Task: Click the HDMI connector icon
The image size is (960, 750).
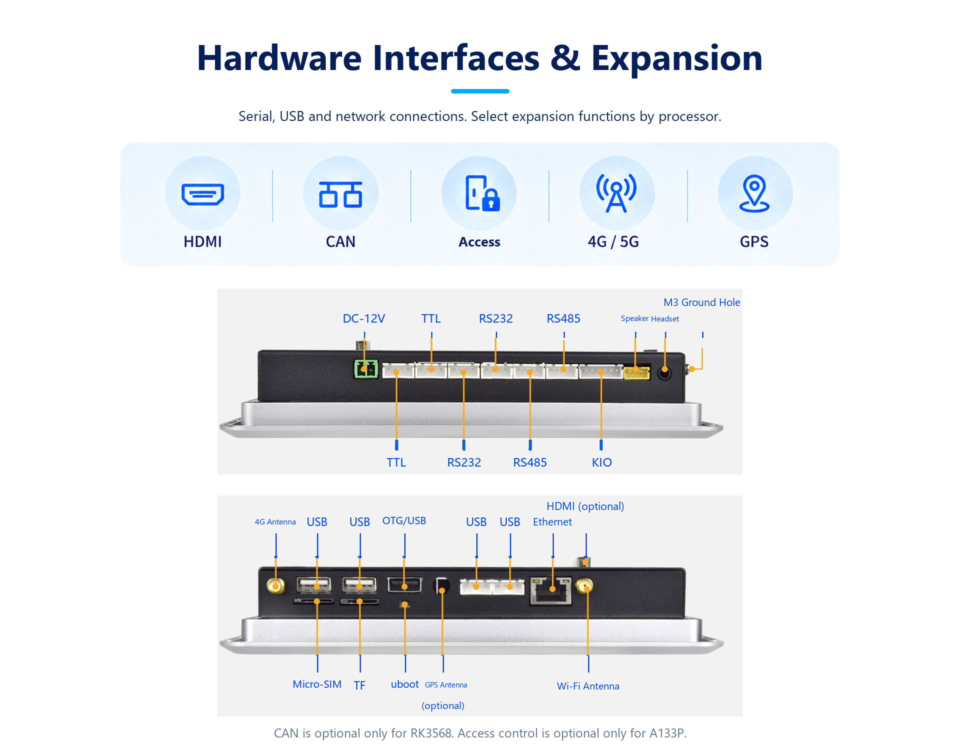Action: click(202, 194)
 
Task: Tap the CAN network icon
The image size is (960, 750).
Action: click(340, 194)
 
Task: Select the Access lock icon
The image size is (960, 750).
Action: click(482, 193)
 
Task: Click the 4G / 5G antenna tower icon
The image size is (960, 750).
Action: click(616, 193)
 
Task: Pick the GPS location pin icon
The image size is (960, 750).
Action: click(754, 193)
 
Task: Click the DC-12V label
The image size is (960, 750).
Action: click(364, 318)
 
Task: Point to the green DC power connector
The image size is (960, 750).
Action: click(365, 369)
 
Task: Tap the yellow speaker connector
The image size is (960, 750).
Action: click(636, 372)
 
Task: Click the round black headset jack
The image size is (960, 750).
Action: click(664, 373)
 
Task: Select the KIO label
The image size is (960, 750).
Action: click(601, 462)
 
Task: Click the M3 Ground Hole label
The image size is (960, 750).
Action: click(701, 302)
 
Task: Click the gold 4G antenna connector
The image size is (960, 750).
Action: click(275, 585)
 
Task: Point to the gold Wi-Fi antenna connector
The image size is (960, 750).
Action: click(584, 585)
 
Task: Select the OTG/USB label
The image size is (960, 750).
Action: click(404, 521)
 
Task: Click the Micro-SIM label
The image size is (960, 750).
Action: click(317, 684)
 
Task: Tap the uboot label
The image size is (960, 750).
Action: click(404, 684)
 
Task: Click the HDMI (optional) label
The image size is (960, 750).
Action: click(585, 506)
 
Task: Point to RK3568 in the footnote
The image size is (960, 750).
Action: click(431, 733)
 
